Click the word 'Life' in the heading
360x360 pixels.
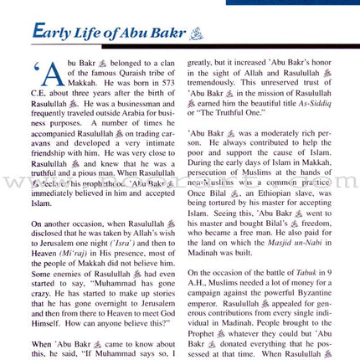click(x=89, y=33)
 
